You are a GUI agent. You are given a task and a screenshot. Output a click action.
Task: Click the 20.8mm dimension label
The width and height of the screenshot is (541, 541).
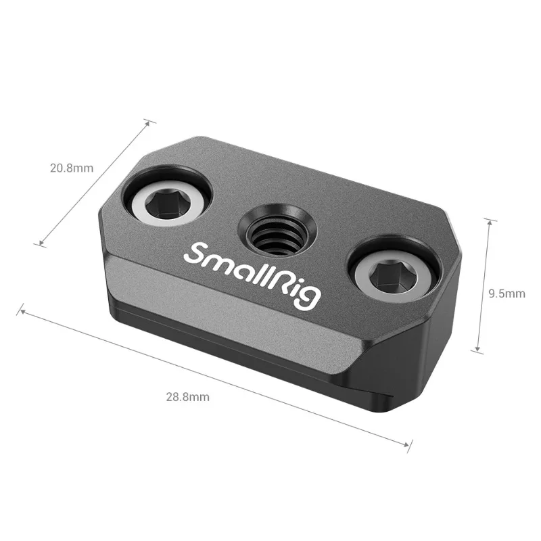pos(71,168)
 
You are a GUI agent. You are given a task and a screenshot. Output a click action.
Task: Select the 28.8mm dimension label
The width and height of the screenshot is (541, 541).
pos(187,397)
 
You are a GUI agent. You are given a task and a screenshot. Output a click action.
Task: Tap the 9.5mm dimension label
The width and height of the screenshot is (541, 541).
pos(507,293)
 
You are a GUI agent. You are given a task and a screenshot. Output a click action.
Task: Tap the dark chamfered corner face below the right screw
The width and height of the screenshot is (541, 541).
pos(413,352)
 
